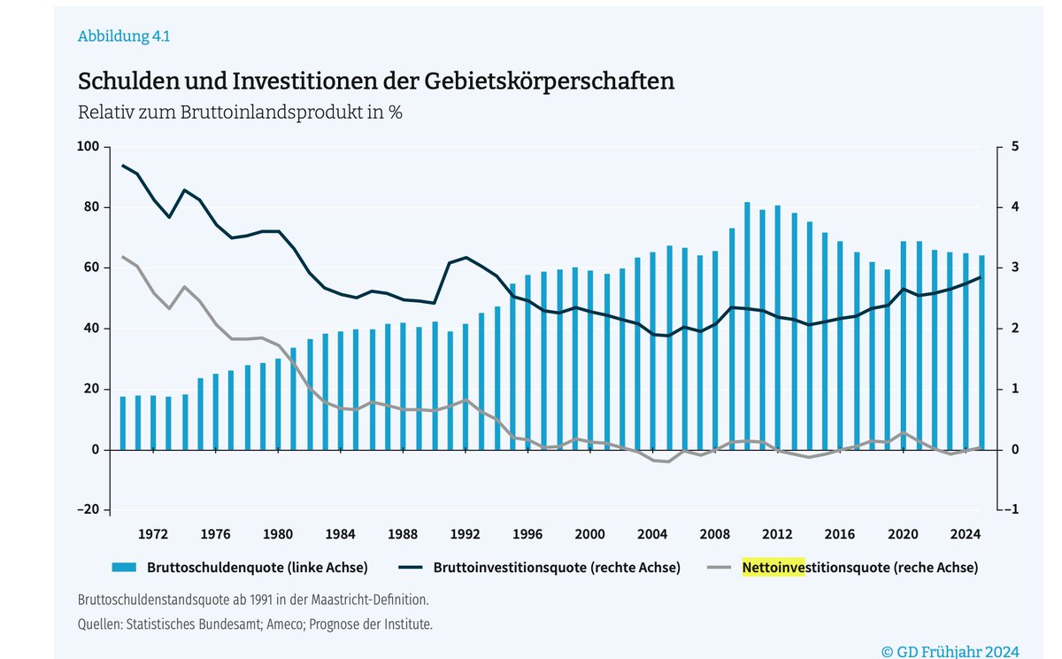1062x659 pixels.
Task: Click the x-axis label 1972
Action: [153, 534]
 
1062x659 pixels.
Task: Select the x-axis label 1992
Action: [466, 534]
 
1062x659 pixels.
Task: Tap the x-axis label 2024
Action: [965, 534]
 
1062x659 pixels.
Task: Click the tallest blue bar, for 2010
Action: [747, 328]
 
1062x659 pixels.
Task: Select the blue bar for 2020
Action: [904, 345]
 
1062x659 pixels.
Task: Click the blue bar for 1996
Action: [528, 363]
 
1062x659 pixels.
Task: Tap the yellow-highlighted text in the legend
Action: [773, 568]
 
